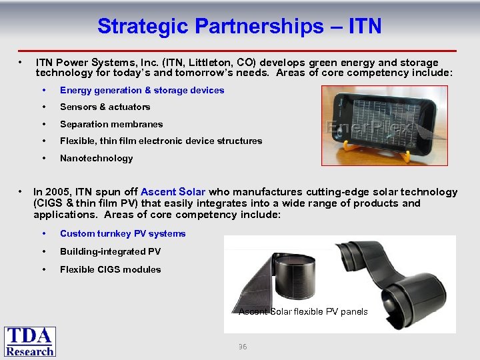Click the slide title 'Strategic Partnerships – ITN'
239,26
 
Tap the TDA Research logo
30,341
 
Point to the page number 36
243,347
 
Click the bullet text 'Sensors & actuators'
105,107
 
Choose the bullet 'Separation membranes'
111,124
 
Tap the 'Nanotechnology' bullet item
96,158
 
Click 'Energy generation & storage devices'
141,90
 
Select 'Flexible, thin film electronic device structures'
161,141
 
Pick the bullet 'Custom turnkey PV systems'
123,233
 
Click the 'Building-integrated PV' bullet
110,251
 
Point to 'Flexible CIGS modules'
110,269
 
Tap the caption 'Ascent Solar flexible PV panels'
303,311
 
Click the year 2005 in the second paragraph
57,192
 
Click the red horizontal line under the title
240,51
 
